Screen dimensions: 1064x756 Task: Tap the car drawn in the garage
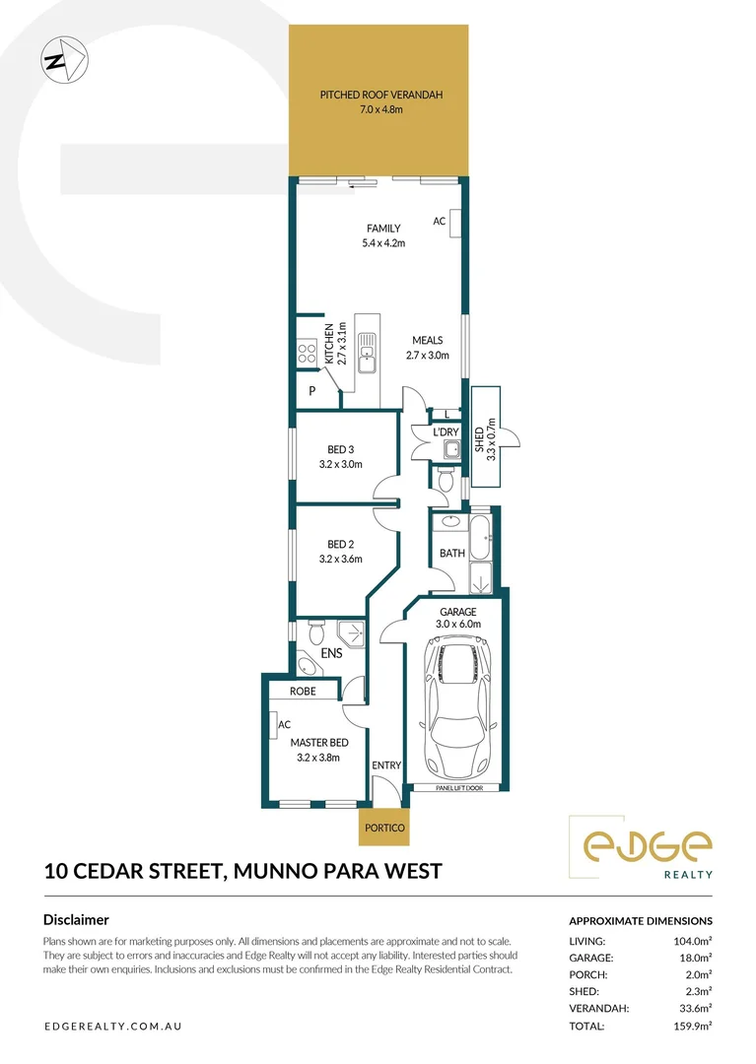(456, 706)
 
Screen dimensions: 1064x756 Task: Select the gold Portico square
(381, 828)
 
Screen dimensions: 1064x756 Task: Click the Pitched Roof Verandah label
(380, 95)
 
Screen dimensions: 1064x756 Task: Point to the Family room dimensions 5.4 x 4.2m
(383, 242)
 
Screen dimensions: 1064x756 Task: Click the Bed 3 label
(341, 450)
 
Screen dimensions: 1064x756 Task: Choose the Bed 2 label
(341, 544)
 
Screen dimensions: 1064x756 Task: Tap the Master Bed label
(317, 743)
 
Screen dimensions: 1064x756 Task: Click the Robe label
(303, 692)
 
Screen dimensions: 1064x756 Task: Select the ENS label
(345, 653)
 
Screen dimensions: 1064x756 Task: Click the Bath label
(451, 554)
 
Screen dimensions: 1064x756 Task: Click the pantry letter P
(311, 391)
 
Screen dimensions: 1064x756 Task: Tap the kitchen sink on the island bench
(366, 353)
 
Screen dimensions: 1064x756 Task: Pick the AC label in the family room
(439, 222)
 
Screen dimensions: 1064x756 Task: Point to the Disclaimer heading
(76, 920)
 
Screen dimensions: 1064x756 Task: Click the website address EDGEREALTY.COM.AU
(113, 1027)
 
